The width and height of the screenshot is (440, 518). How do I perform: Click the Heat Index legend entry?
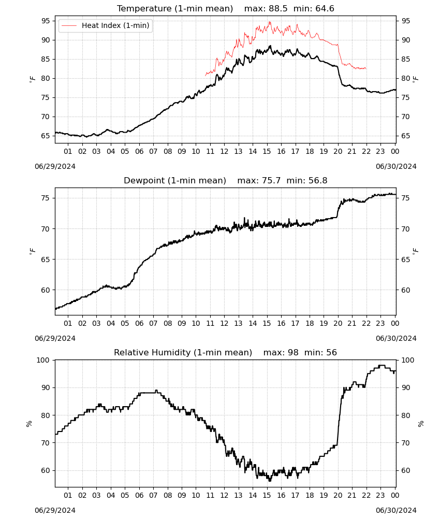[x=106, y=25]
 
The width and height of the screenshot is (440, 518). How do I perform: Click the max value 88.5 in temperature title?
[x=278, y=9]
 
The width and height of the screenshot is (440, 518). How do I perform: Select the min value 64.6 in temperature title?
[x=325, y=9]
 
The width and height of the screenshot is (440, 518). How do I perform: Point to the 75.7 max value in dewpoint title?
[x=271, y=181]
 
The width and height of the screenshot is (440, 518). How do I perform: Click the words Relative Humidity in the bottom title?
[x=152, y=352]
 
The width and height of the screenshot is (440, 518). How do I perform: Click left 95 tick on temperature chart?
[x=46, y=21]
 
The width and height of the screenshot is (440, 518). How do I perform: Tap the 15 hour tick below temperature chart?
[x=267, y=151]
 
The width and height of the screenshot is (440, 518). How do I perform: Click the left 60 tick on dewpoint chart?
[x=46, y=290]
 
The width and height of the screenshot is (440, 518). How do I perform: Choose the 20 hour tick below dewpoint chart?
[x=338, y=323]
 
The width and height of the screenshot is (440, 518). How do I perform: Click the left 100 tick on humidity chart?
[x=43, y=360]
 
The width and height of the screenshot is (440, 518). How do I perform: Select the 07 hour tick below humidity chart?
[x=153, y=495]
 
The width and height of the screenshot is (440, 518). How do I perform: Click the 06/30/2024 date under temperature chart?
[x=396, y=166]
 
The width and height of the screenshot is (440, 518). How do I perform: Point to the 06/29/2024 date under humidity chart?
[x=55, y=510]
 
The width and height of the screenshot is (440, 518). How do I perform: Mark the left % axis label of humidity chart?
[x=29, y=424]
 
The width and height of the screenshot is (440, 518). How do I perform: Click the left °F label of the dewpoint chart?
[x=32, y=251]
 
